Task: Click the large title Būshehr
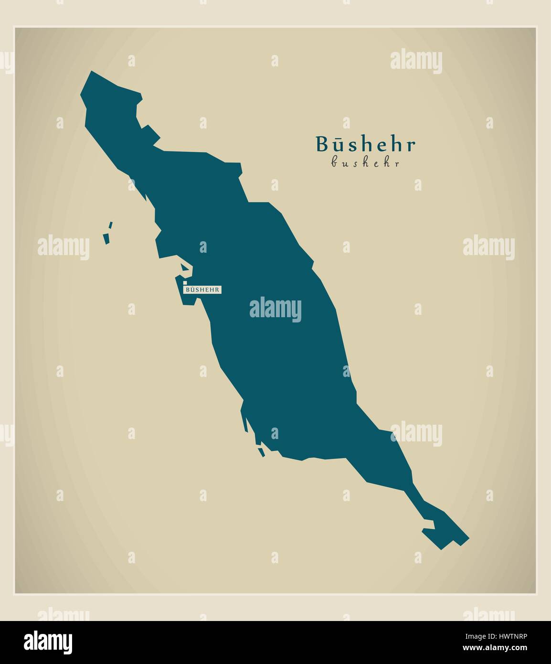pos(365,144)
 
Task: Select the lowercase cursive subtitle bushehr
pos(365,163)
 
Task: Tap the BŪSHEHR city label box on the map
pos(202,289)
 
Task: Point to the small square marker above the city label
pos(185,283)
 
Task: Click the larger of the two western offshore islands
pos(107,238)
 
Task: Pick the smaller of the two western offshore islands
pos(111,225)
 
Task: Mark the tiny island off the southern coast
pos(261,450)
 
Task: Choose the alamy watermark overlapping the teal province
pos(275,309)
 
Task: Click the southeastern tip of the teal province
pos(468,538)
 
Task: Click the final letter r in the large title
pos(411,145)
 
